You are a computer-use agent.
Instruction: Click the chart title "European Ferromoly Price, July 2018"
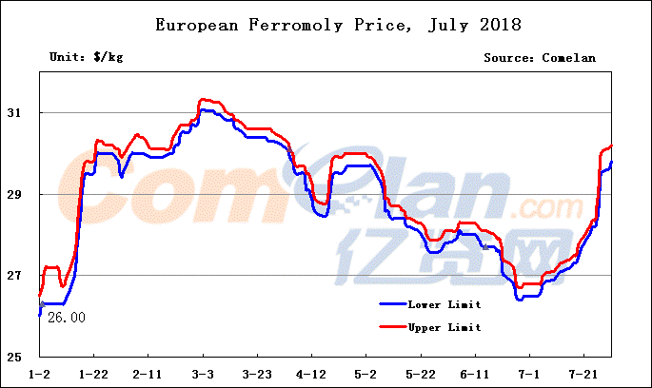tap(325, 24)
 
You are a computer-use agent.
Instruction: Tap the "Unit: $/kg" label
tap(86, 58)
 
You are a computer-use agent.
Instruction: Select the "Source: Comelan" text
tap(540, 58)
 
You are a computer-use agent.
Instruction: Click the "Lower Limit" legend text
tap(445, 305)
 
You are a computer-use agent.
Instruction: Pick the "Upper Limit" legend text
tap(445, 328)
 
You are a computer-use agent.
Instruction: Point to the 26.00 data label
tap(66, 318)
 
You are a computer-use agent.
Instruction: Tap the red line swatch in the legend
tap(391, 328)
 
